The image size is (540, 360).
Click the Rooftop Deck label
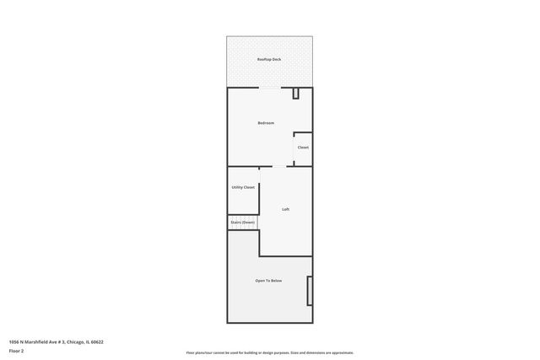click(269, 60)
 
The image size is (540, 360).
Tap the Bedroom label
click(266, 123)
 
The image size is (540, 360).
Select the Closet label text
click(303, 148)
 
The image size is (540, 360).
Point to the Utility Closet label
click(243, 187)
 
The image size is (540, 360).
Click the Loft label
click(285, 209)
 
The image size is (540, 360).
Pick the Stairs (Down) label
click(243, 223)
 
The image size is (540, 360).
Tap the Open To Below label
click(268, 281)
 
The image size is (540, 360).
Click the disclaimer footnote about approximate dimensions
click(269, 352)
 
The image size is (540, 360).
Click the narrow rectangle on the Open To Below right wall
click(310, 291)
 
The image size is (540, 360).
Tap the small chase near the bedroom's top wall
click(296, 94)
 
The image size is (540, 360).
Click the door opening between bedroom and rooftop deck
click(269, 87)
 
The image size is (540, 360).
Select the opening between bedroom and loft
click(279, 166)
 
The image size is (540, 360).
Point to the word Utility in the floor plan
click(237, 187)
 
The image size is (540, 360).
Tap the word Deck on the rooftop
click(276, 60)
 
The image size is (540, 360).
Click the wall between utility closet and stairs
click(243, 214)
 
